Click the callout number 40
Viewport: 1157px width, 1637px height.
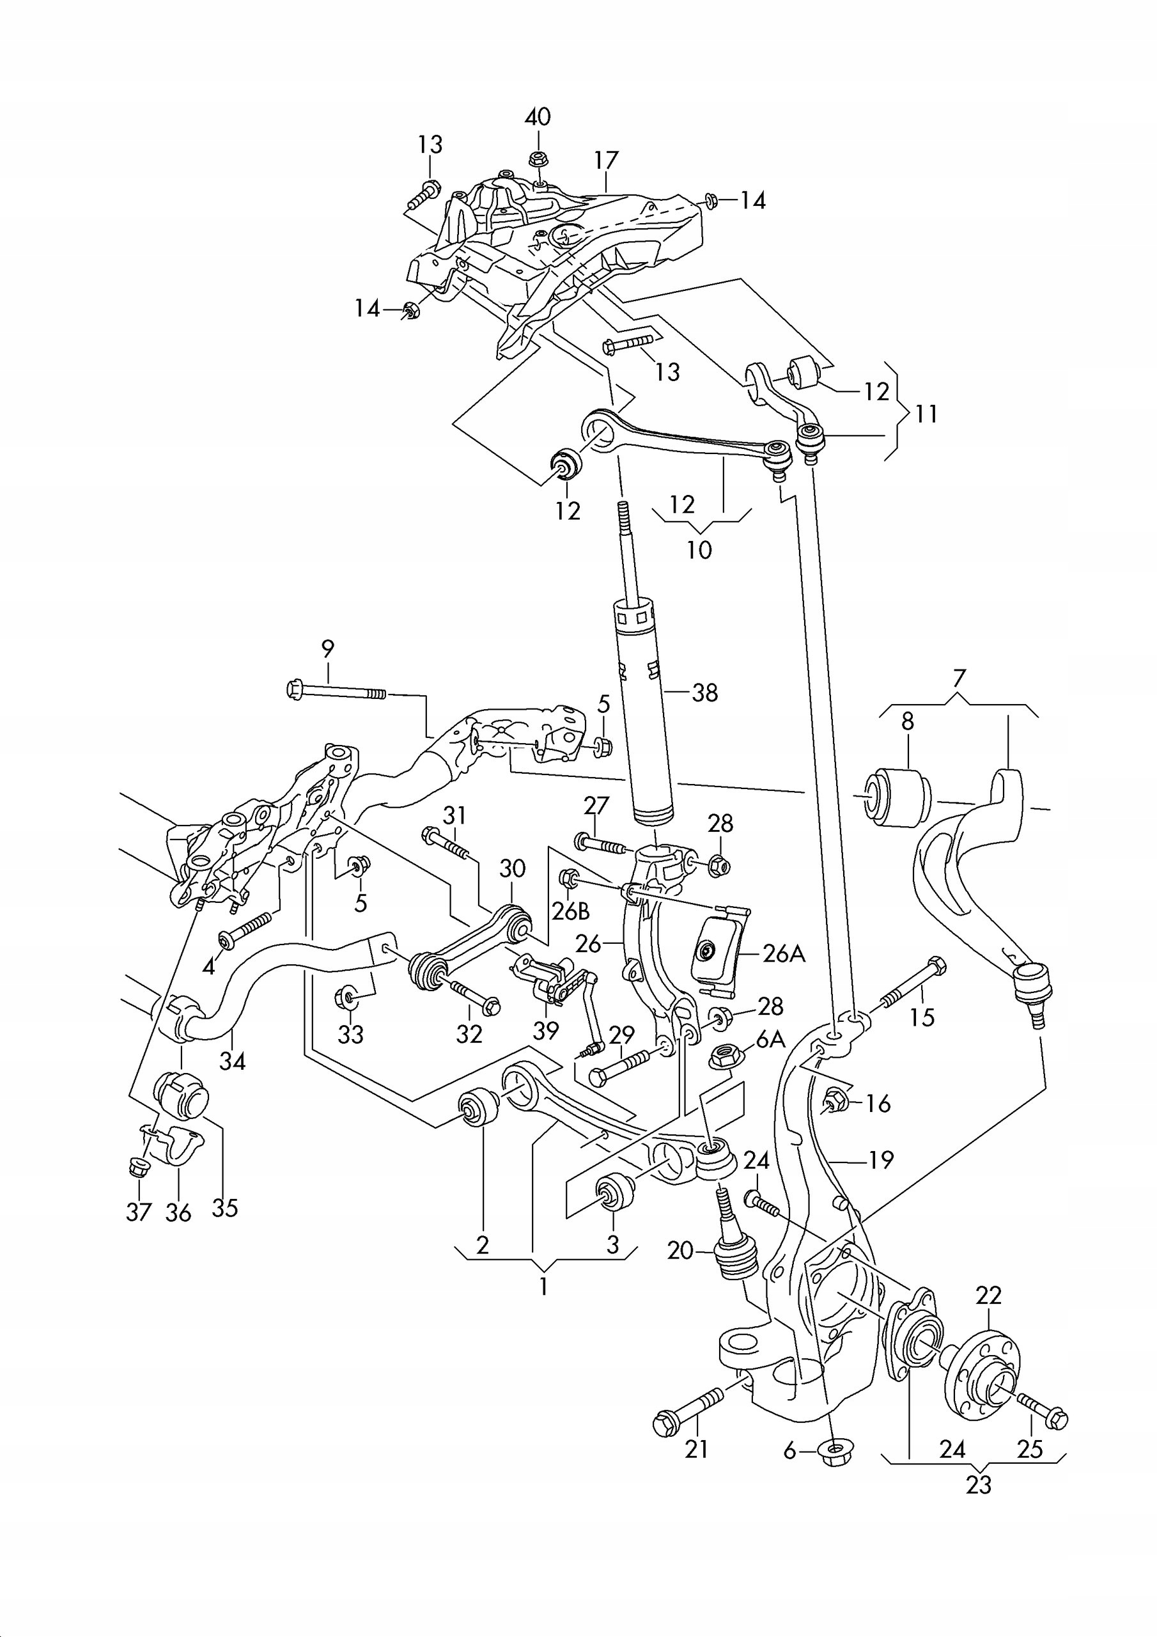pyautogui.click(x=538, y=117)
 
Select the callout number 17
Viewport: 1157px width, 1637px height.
pyautogui.click(x=606, y=161)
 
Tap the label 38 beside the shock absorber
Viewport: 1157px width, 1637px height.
pyautogui.click(x=704, y=693)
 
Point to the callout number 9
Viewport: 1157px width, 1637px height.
pyautogui.click(x=327, y=649)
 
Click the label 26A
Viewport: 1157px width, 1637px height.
pyautogui.click(x=784, y=954)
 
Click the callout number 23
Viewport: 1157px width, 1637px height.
pyautogui.click(x=979, y=1485)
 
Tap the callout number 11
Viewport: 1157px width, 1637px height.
pyautogui.click(x=926, y=414)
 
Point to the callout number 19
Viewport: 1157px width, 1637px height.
pyautogui.click(x=880, y=1160)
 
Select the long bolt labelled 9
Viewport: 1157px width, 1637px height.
pyautogui.click(x=335, y=691)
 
